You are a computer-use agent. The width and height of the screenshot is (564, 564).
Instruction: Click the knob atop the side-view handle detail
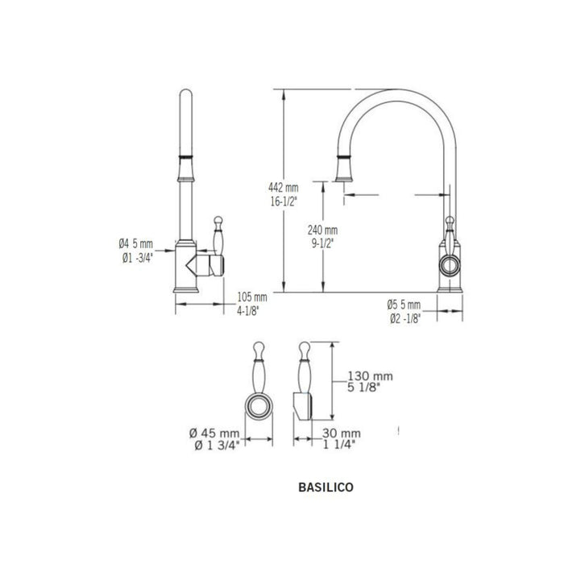tap(302, 349)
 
